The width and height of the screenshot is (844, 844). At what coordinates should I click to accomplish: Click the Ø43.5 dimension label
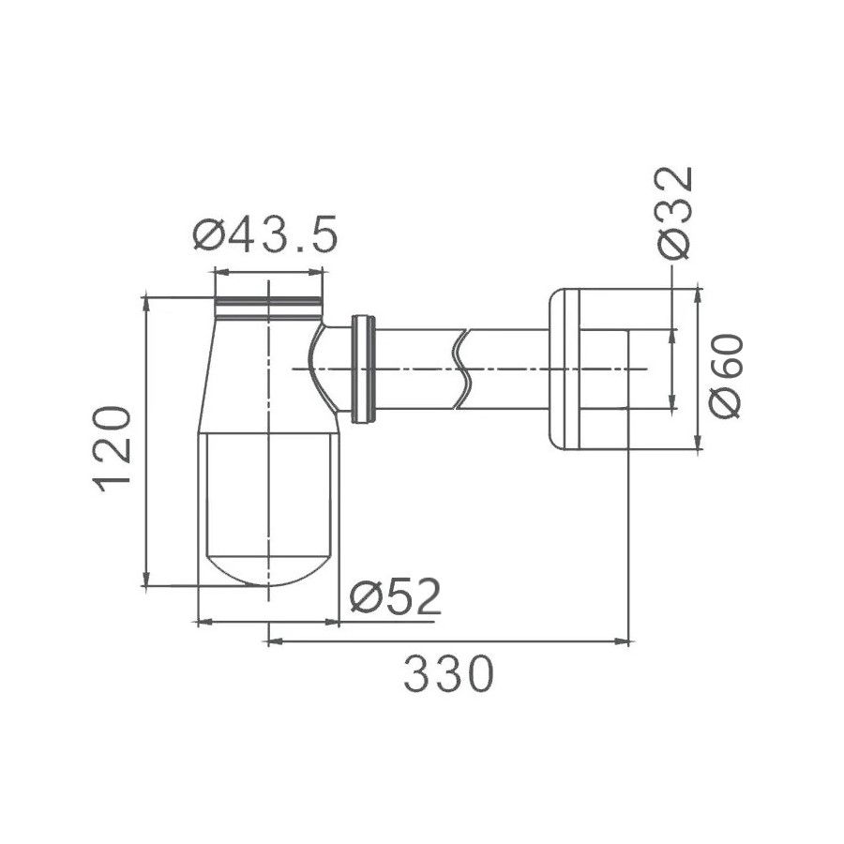pyautogui.click(x=264, y=234)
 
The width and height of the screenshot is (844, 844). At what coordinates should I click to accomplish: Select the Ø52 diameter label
pyautogui.click(x=395, y=596)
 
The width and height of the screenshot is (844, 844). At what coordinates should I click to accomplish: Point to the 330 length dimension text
pyautogui.click(x=448, y=674)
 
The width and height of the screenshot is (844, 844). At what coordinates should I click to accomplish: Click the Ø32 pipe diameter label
pyautogui.click(x=673, y=213)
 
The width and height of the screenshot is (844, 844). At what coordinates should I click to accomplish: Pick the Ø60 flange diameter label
pyautogui.click(x=726, y=376)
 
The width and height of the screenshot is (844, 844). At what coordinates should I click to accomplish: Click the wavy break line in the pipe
pyautogui.click(x=461, y=369)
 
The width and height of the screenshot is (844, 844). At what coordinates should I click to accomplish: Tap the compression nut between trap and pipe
pyautogui.click(x=363, y=369)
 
